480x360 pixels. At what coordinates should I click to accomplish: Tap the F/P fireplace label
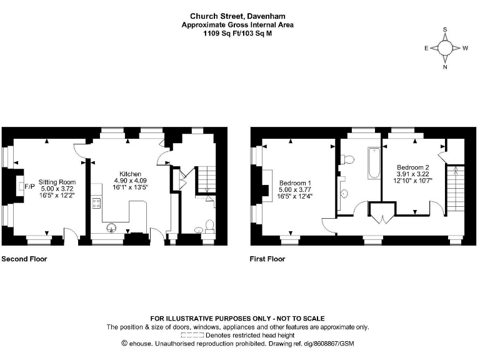29,186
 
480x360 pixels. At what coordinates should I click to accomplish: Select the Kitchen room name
130,174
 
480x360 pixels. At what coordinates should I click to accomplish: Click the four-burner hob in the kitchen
97,202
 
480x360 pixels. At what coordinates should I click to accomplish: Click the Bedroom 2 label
413,167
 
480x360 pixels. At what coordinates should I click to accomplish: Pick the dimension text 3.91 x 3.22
413,174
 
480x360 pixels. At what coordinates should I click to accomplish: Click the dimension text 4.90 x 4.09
130,181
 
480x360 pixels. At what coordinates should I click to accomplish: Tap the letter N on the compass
445,67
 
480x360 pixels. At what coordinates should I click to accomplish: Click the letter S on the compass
445,29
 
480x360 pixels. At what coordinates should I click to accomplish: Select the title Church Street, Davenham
237,16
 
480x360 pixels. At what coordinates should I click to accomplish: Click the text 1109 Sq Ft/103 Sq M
237,33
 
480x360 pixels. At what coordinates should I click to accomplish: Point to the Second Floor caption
24,258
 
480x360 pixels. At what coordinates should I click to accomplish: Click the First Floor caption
267,258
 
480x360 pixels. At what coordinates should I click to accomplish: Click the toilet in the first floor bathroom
348,161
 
